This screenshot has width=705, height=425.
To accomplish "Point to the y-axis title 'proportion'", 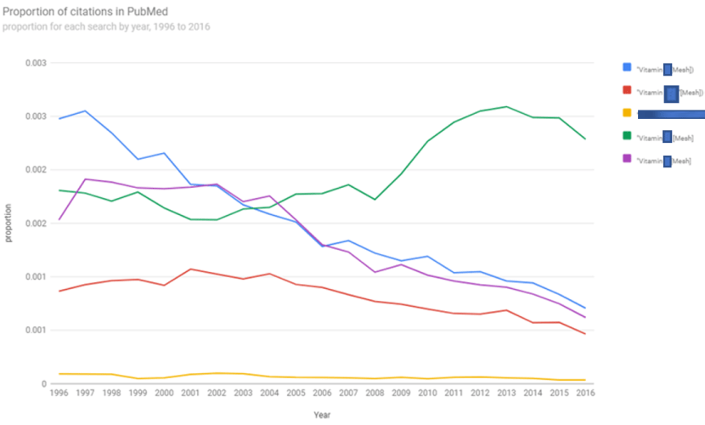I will (x=9, y=224).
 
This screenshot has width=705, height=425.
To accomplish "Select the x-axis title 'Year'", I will (x=322, y=415).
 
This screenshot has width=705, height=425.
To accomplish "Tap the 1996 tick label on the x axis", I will (x=59, y=394).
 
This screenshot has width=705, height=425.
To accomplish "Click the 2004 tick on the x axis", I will (x=269, y=394).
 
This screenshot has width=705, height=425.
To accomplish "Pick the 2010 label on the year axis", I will (x=427, y=394).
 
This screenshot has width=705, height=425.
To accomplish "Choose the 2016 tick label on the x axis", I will (x=585, y=394).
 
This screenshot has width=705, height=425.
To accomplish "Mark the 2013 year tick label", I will (x=506, y=394).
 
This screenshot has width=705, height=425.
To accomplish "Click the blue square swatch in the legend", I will (x=627, y=67).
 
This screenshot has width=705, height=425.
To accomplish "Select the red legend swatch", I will (x=627, y=90).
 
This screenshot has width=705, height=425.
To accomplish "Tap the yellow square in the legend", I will (x=627, y=112).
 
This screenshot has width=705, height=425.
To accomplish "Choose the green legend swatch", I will (x=627, y=135).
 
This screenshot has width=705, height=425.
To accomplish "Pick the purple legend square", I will (x=627, y=158).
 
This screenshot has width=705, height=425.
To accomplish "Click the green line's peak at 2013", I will (x=506, y=106).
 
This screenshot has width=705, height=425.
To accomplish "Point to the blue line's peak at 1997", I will (x=85, y=110).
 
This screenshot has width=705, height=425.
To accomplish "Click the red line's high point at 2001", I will (x=190, y=269).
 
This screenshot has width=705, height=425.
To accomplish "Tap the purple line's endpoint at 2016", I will (x=585, y=318).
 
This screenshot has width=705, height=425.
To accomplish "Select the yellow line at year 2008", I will (x=375, y=378).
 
